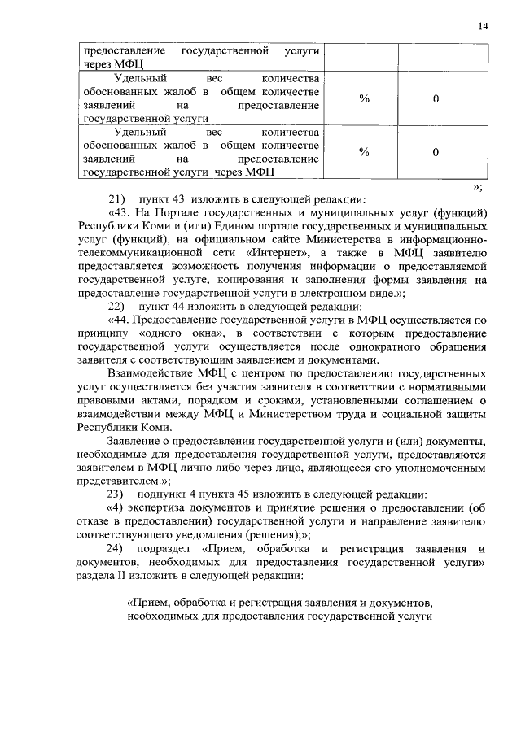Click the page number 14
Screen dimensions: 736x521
(484, 27)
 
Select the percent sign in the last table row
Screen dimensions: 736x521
(364, 152)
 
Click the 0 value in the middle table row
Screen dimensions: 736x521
(436, 98)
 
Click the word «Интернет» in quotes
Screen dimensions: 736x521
(274, 254)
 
